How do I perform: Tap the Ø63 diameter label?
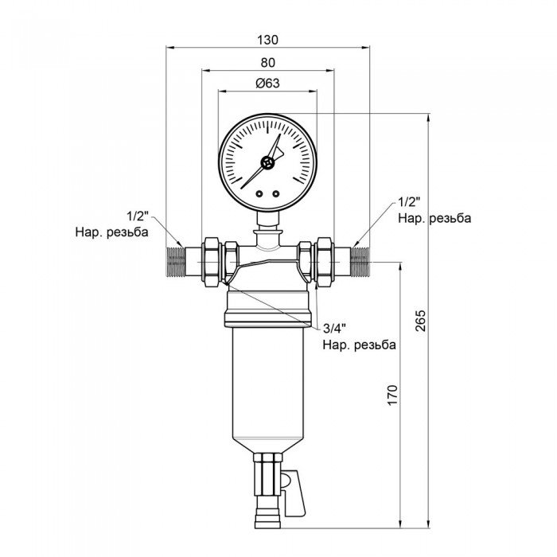click(267, 84)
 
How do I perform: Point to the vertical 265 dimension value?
click(421, 319)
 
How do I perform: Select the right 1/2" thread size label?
click(408, 202)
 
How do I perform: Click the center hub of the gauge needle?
click(268, 163)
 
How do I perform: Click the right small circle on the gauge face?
click(276, 193)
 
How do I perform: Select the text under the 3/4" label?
click(359, 345)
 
